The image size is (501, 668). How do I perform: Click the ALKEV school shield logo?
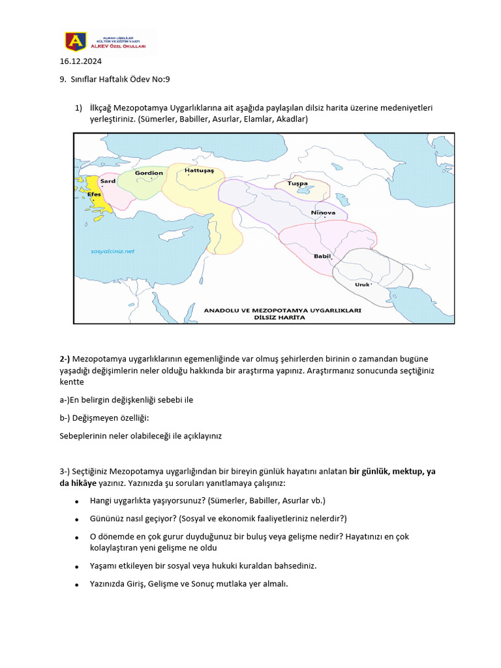pyautogui.click(x=74, y=42)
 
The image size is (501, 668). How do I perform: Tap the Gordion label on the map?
pyautogui.click(x=149, y=173)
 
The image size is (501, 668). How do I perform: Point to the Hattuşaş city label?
pyautogui.click(x=199, y=170)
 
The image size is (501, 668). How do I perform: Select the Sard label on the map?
pyautogui.click(x=108, y=181)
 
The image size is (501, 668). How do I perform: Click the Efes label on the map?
pyautogui.click(x=93, y=194)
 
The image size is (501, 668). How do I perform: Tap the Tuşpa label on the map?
pyautogui.click(x=297, y=184)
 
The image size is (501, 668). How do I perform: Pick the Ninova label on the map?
pyautogui.click(x=323, y=213)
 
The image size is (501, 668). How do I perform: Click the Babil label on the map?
pyautogui.click(x=322, y=256)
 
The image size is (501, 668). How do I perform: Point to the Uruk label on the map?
pyautogui.click(x=361, y=284)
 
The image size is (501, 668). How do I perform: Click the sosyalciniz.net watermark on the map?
pyautogui.click(x=112, y=250)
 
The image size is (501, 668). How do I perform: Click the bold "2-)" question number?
pyautogui.click(x=65, y=359)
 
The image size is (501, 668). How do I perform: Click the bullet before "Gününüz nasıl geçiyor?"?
pyautogui.click(x=77, y=519)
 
